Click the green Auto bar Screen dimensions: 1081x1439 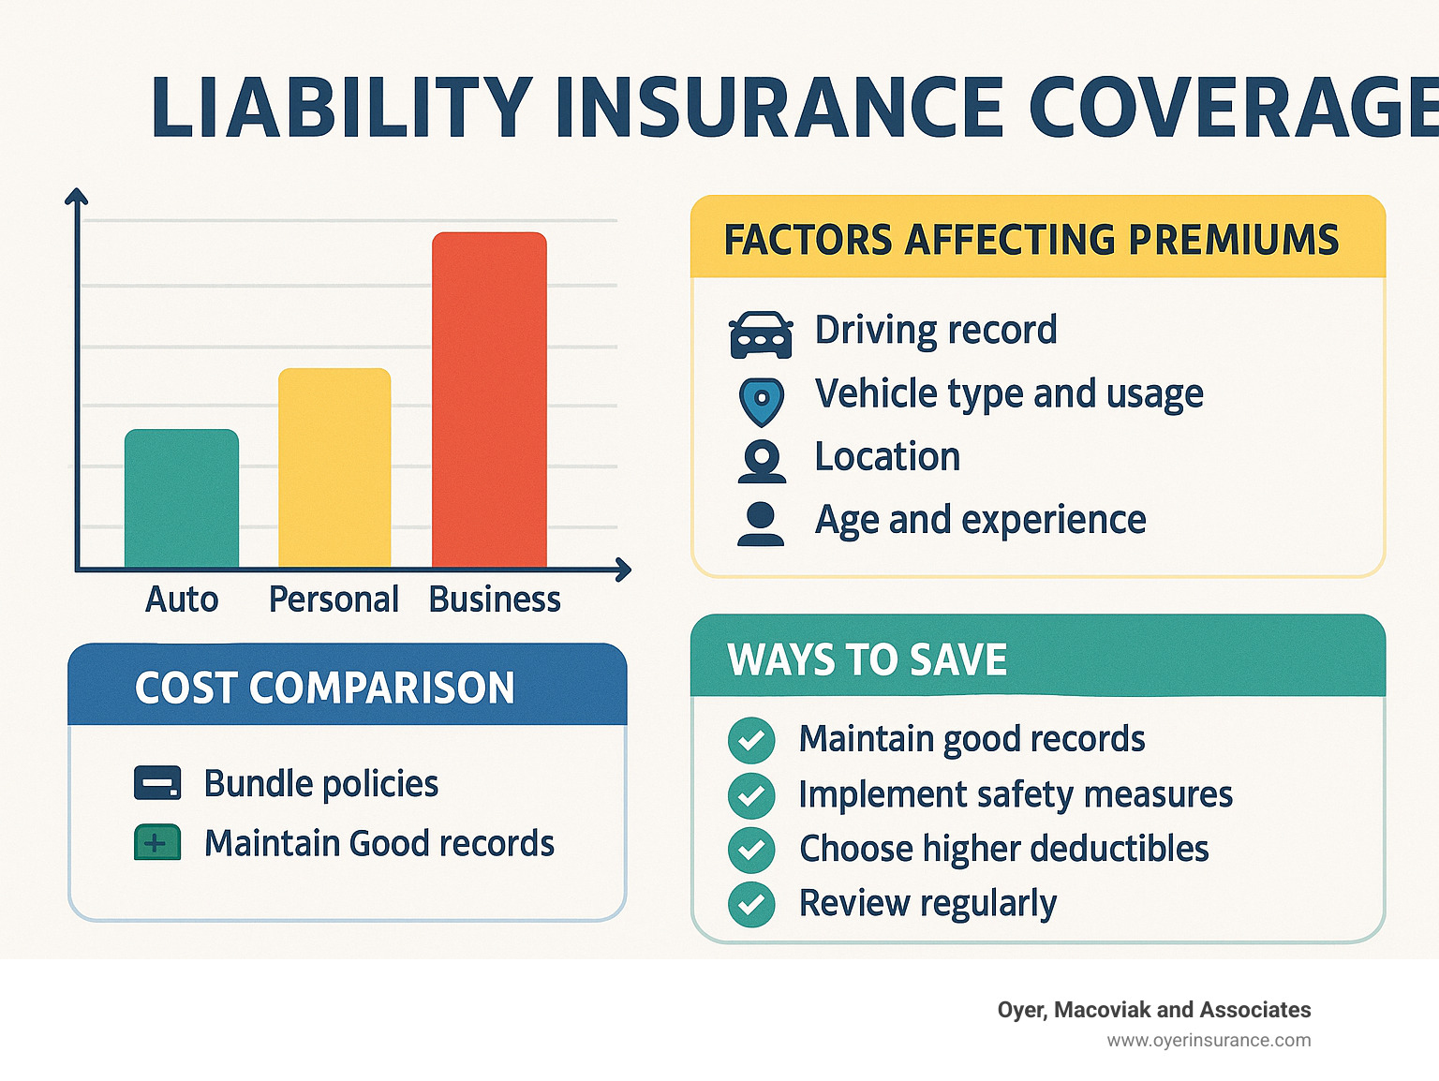click(x=182, y=498)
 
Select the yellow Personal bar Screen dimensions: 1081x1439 click(x=334, y=468)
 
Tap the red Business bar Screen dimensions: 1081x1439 click(x=489, y=400)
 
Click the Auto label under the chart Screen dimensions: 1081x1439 click(x=182, y=600)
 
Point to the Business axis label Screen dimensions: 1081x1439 click(x=495, y=600)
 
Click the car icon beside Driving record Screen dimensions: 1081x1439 click(x=761, y=334)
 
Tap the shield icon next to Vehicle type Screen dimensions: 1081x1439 click(x=761, y=401)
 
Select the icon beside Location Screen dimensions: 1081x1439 click(x=762, y=461)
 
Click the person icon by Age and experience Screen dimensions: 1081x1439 click(x=761, y=524)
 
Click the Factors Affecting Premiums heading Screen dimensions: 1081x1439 click(x=1031, y=240)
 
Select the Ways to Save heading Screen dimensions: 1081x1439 click(x=868, y=660)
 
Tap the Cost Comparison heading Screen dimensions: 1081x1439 click(x=325, y=689)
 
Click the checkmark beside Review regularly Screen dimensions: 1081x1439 click(x=751, y=905)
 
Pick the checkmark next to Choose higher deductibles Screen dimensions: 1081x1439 click(x=751, y=850)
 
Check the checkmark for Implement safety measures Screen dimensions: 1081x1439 click(x=751, y=795)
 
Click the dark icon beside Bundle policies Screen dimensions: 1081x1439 click(x=157, y=783)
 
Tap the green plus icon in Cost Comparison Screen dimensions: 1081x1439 click(x=157, y=843)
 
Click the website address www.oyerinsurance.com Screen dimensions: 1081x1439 click(x=1209, y=1041)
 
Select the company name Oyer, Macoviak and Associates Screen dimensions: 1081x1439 click(x=1154, y=1010)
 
